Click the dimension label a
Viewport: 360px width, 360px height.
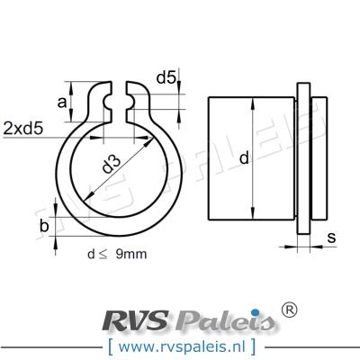pyautogui.click(x=62, y=103)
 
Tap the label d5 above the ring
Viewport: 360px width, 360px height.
pyautogui.click(x=166, y=78)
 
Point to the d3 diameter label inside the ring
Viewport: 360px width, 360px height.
pyautogui.click(x=112, y=165)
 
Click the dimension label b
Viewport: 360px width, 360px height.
pyautogui.click(x=44, y=226)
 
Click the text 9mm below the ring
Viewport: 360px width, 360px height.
pyautogui.click(x=130, y=255)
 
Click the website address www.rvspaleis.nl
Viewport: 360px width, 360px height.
pyautogui.click(x=179, y=345)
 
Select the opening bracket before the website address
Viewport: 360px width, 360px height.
pyautogui.click(x=109, y=345)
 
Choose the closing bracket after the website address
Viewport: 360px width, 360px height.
pyautogui.click(x=252, y=345)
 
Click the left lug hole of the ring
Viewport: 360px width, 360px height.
pyautogui.click(x=111, y=106)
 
